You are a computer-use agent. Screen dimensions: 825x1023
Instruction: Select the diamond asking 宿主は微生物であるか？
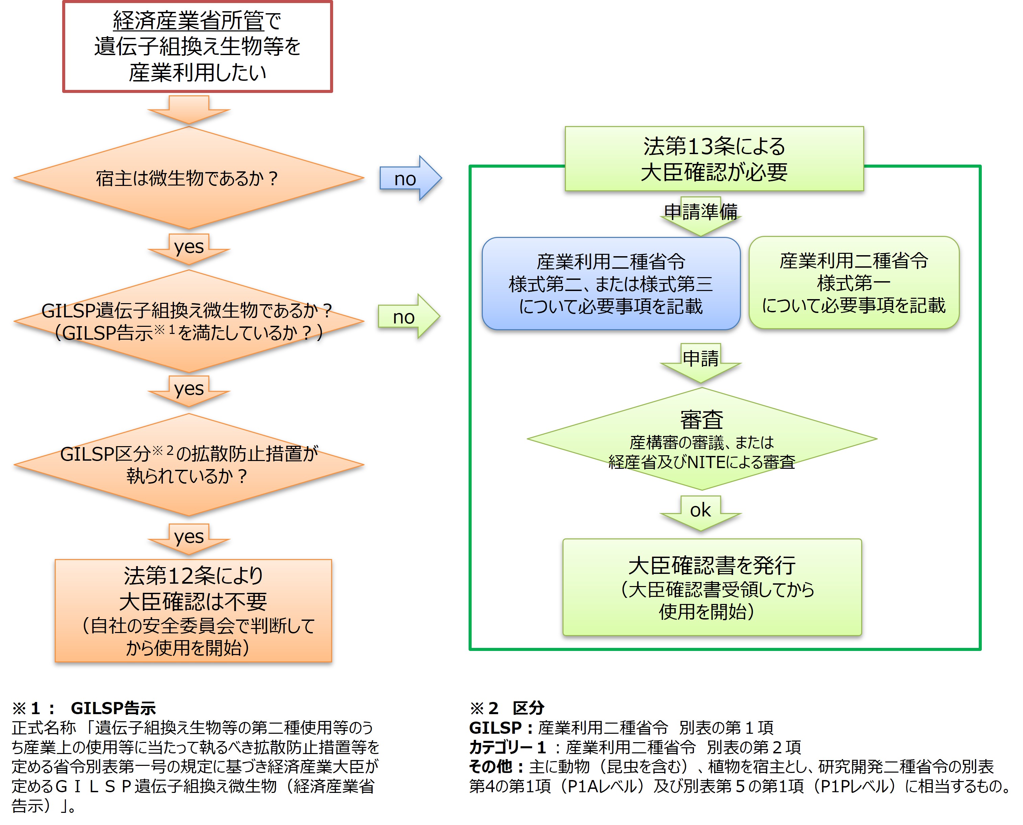click(x=189, y=178)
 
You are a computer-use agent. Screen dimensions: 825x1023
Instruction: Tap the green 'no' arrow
click(x=408, y=316)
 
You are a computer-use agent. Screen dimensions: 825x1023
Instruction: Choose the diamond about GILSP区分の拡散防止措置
click(x=189, y=464)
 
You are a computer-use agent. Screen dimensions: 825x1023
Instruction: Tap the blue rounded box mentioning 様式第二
click(x=611, y=284)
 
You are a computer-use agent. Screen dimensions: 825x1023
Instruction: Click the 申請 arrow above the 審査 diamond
click(x=700, y=360)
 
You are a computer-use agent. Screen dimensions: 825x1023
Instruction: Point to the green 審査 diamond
click(x=701, y=439)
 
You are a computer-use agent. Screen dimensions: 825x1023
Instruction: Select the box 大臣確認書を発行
click(x=712, y=587)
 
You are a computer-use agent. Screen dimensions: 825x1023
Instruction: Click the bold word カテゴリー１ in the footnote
click(x=507, y=747)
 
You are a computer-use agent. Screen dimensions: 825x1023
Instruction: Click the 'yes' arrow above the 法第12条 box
click(x=189, y=537)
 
